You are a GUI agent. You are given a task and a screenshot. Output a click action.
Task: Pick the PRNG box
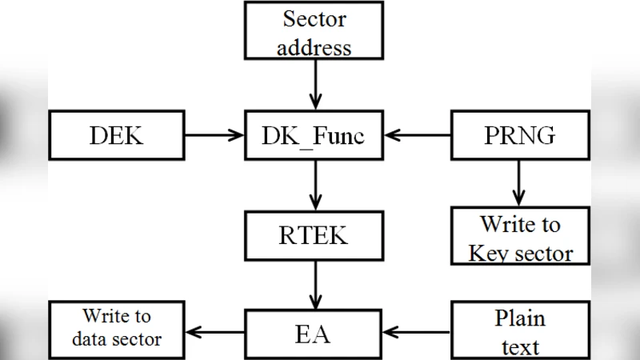click(520, 135)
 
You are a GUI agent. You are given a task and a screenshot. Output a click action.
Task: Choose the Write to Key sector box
click(520, 237)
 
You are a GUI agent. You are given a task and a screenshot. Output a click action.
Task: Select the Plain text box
click(520, 330)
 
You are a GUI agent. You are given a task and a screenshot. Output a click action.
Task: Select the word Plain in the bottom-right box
click(520, 318)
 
